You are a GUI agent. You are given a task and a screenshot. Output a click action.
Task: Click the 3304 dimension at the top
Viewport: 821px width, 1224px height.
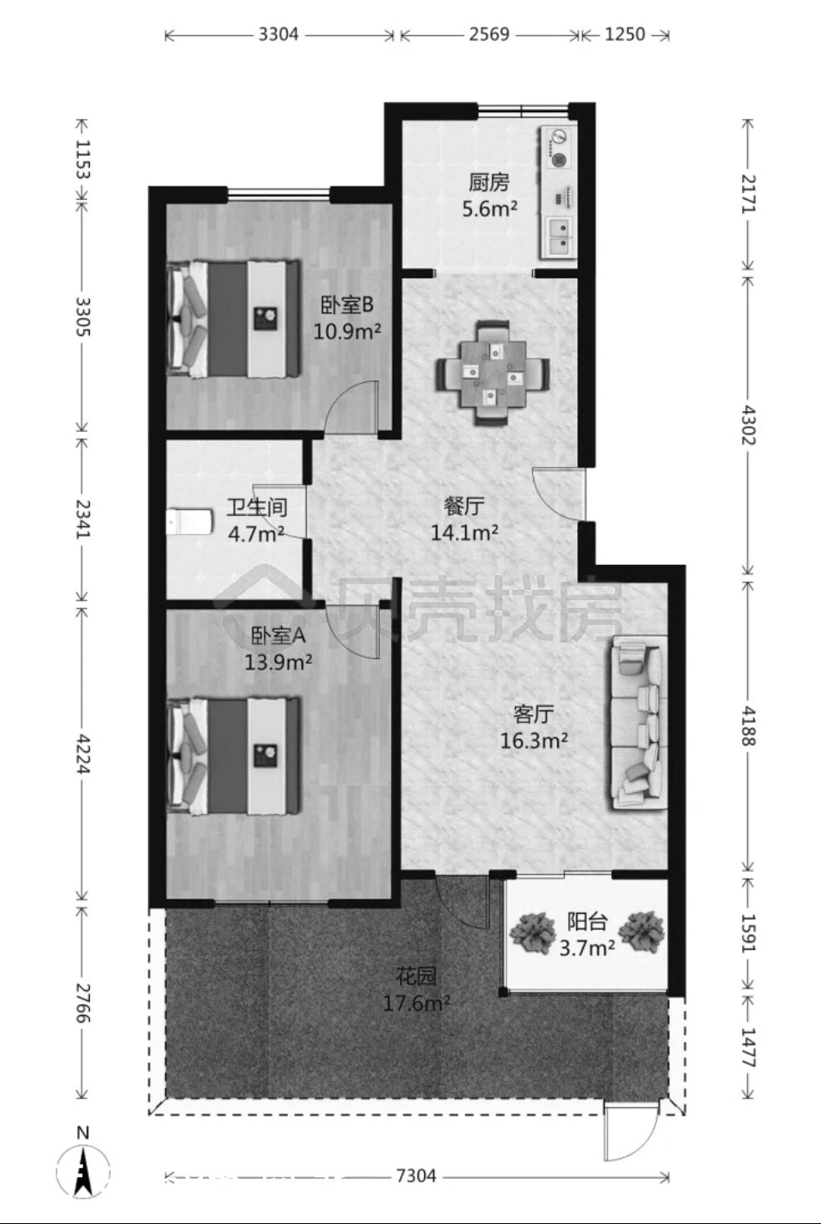point(279,34)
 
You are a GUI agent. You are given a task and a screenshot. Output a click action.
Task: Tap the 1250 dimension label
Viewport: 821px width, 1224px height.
point(625,34)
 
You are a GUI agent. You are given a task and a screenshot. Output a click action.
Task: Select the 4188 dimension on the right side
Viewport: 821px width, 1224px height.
point(748,726)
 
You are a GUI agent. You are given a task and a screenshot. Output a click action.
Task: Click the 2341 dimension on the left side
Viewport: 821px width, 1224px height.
point(82,518)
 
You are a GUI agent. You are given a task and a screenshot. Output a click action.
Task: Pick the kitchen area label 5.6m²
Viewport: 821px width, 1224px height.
point(489,209)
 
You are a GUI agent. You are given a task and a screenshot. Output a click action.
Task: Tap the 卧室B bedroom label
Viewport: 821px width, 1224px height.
point(346,305)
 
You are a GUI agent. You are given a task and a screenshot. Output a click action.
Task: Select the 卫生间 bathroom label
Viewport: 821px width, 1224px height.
point(257,507)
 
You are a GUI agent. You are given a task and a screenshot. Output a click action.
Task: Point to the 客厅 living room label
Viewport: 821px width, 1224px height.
point(534,714)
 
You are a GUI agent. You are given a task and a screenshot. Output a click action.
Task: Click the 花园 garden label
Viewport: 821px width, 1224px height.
point(416,976)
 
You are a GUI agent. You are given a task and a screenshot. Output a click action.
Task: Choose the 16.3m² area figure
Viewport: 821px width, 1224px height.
point(534,741)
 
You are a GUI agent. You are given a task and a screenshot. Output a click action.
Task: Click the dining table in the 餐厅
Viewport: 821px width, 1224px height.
point(492,374)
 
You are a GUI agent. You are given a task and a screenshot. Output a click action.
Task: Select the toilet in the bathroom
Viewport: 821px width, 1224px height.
point(190,522)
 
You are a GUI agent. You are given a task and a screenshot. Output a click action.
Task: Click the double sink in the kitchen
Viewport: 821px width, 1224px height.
point(559,236)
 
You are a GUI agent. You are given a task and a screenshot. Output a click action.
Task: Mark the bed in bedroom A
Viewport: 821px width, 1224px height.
point(234,756)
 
